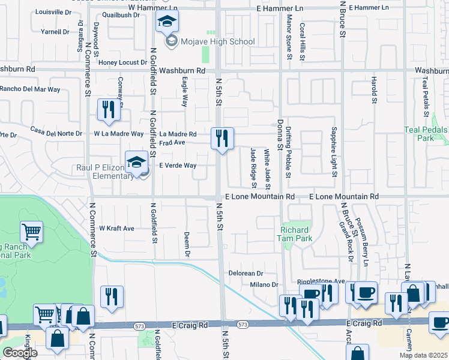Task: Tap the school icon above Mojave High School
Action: click(167, 23)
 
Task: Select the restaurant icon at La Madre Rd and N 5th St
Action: click(222, 139)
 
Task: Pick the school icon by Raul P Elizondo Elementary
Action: click(136, 162)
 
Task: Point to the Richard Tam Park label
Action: click(295, 234)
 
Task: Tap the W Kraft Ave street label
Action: click(116, 229)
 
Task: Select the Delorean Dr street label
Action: click(246, 273)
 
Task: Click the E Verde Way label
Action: click(177, 166)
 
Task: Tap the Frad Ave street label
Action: click(172, 143)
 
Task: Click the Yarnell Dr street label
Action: click(55, 32)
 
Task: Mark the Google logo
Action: click(20, 353)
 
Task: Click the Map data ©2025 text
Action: click(423, 355)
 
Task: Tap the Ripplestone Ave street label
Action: click(321, 281)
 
